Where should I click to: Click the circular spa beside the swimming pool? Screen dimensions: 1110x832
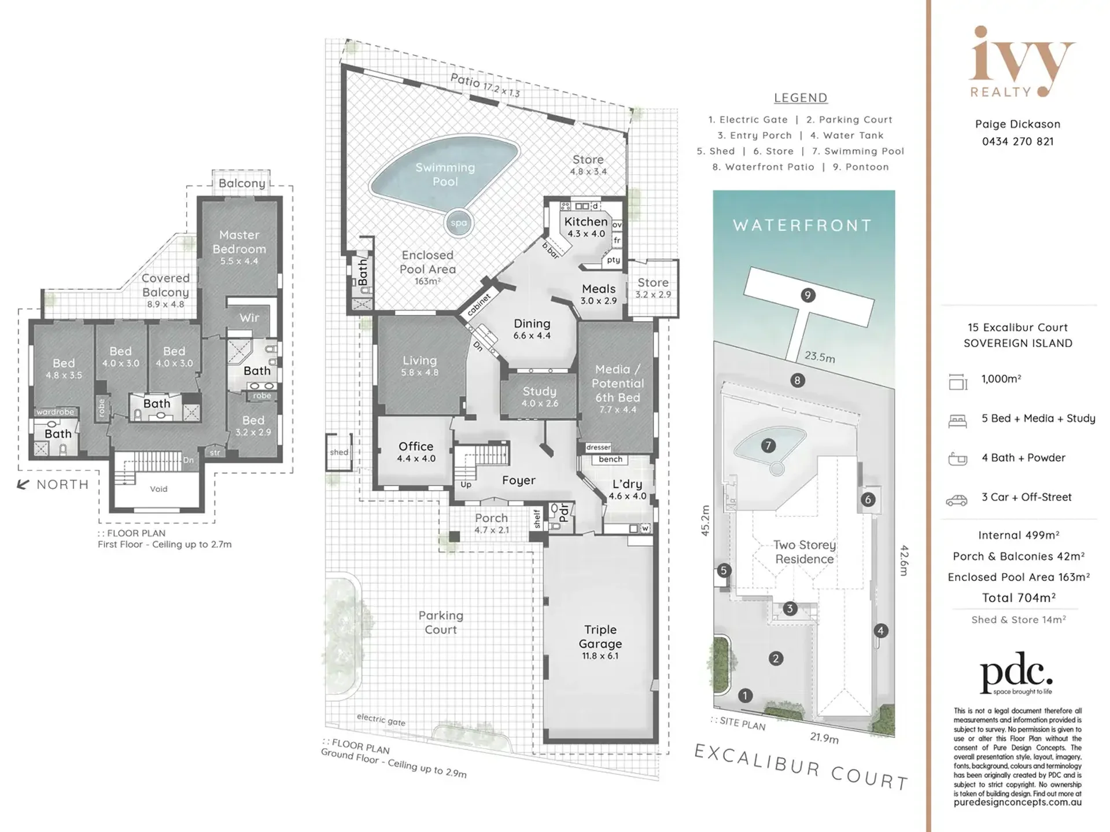pyautogui.click(x=459, y=223)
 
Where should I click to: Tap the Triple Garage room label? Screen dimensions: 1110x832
pyautogui.click(x=600, y=642)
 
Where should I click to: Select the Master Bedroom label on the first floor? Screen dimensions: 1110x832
pyautogui.click(x=239, y=247)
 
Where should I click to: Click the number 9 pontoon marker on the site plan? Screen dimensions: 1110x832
pyautogui.click(x=807, y=295)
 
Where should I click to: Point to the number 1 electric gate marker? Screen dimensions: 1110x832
pyautogui.click(x=745, y=695)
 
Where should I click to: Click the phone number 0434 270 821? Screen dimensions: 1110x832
pyautogui.click(x=1017, y=141)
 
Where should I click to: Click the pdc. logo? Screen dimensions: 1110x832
pyautogui.click(x=1016, y=673)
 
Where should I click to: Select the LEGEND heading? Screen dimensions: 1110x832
pyautogui.click(x=801, y=98)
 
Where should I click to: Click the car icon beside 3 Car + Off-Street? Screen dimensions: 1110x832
pyautogui.click(x=957, y=500)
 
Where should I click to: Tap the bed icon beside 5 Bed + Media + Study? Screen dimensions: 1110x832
pyautogui.click(x=957, y=422)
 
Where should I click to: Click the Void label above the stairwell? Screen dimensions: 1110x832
pyautogui.click(x=158, y=489)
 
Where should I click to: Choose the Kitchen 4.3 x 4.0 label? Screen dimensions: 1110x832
pyautogui.click(x=585, y=227)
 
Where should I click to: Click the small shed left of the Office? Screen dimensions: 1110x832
pyautogui.click(x=339, y=452)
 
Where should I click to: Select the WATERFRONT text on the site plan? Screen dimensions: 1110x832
pyautogui.click(x=802, y=225)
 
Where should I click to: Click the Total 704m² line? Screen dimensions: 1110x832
pyautogui.click(x=1019, y=598)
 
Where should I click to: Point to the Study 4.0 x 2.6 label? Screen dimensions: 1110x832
pyautogui.click(x=539, y=397)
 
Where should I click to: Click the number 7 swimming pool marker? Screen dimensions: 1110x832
pyautogui.click(x=768, y=446)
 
